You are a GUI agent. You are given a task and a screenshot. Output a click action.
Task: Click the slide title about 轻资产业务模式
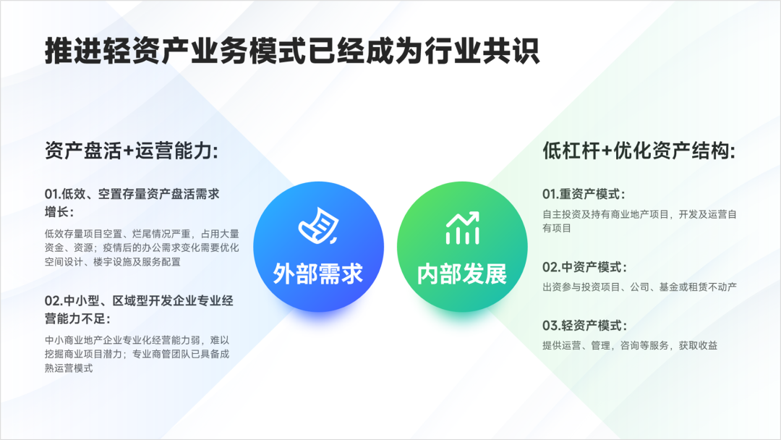pos(292,51)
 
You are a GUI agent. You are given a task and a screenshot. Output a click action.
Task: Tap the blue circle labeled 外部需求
pos(318,247)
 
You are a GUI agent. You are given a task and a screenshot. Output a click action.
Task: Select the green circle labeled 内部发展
pos(462,247)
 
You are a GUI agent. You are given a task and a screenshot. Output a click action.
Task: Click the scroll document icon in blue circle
pos(319,226)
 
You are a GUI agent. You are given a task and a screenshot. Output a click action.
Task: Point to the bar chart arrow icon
pos(463,228)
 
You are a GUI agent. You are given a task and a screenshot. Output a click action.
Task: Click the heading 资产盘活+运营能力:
pos(132,151)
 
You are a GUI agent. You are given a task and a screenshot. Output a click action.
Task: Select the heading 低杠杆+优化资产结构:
pos(639,151)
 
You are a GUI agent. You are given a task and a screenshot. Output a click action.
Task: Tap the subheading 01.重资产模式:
pos(584,194)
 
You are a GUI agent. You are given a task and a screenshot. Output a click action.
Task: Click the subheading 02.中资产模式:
pos(584,267)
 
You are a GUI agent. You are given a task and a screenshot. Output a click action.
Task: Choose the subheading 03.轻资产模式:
pos(584,326)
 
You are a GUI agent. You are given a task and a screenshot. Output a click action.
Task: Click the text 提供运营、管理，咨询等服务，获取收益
pos(630,345)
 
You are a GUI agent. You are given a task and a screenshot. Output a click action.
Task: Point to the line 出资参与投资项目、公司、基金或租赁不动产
pos(639,287)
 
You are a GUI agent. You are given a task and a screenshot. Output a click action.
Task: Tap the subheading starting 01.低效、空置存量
pos(132,203)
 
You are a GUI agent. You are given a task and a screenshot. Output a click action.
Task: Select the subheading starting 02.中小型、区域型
pos(139,310)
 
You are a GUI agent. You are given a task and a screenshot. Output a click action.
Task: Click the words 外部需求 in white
pos(318,274)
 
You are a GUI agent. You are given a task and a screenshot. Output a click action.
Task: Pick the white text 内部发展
pos(462,274)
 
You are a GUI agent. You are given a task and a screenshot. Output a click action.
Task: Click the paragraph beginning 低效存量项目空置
pos(142,247)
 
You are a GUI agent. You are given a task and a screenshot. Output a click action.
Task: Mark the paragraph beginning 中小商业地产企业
pos(137,355)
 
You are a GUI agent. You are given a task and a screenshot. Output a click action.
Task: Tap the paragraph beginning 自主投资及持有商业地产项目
pos(639,221)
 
